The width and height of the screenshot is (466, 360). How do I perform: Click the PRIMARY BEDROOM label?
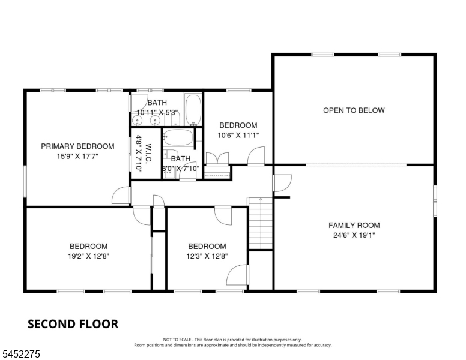click(77, 146)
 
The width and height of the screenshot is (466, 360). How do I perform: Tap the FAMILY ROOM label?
click(354, 226)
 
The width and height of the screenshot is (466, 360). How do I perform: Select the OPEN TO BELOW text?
click(354, 110)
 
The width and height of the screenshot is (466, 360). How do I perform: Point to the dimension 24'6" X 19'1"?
click(354, 235)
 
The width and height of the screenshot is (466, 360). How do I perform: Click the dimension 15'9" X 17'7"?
click(77, 156)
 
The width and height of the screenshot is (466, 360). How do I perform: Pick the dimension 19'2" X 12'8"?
click(88, 256)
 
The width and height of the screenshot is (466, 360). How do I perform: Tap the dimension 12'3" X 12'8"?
click(207, 256)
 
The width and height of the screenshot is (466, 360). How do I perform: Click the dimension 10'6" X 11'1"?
click(238, 136)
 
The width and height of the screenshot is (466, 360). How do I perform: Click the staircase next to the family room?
click(261, 223)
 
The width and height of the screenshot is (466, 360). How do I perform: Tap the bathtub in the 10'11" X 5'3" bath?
click(193, 109)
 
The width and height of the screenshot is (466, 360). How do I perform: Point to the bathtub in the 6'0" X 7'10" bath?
click(178, 137)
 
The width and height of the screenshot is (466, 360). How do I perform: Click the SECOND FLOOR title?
click(73, 324)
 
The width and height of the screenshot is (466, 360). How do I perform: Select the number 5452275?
click(21, 354)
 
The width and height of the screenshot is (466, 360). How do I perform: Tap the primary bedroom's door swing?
click(121, 195)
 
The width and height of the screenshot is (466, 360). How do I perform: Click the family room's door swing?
click(282, 183)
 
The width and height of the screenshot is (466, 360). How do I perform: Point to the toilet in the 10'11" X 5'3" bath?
click(176, 120)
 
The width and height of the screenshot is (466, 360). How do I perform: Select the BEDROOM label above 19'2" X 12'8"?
click(88, 246)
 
